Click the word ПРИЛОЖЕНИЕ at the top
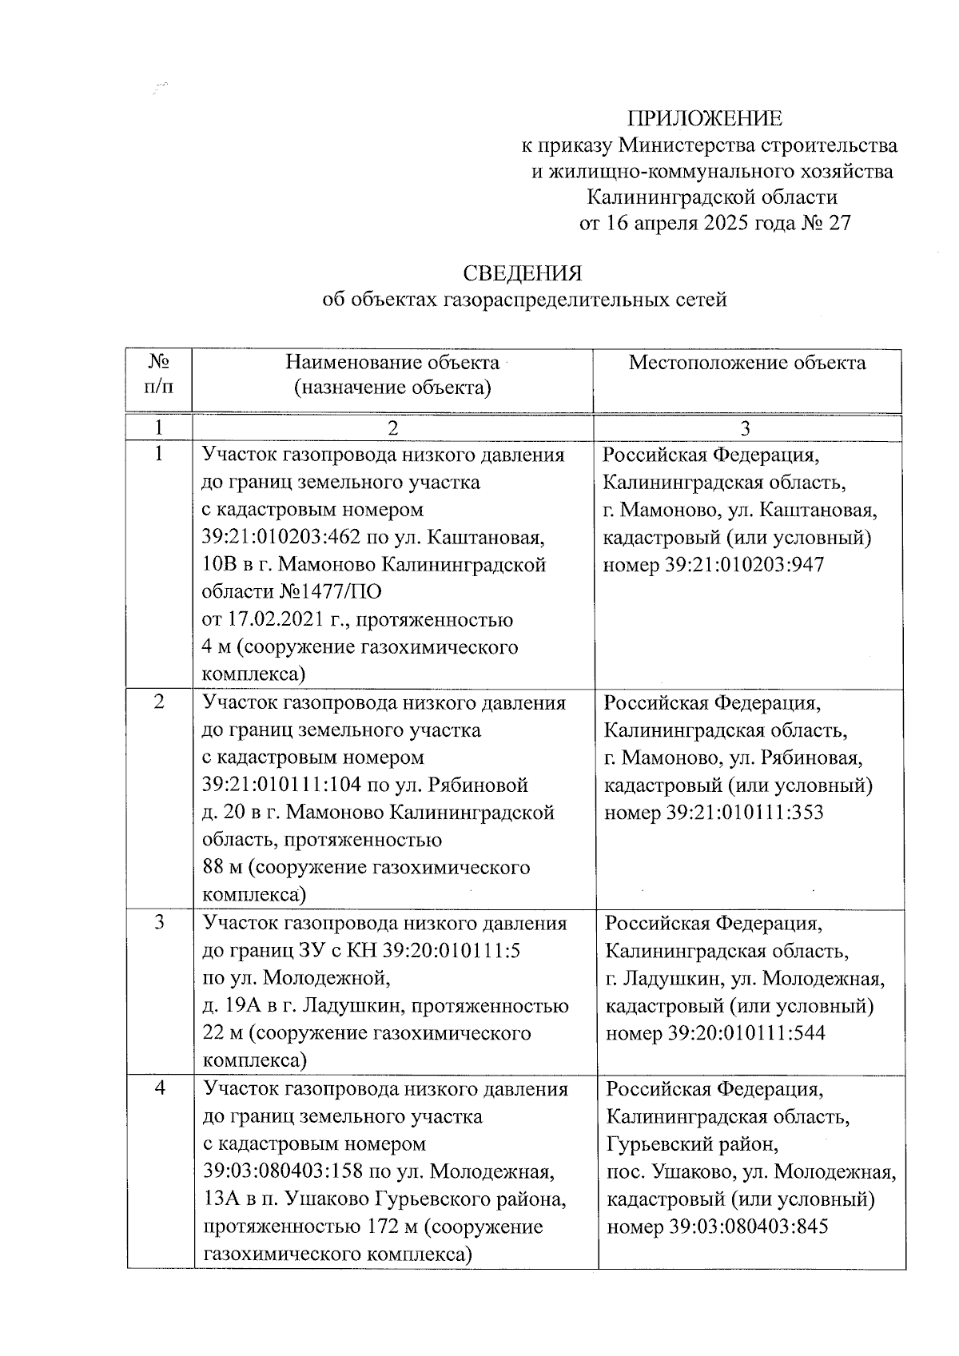click(x=705, y=119)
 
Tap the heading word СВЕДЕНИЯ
click(x=523, y=274)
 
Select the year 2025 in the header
click(x=727, y=223)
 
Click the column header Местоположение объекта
click(x=746, y=364)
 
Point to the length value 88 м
click(x=221, y=868)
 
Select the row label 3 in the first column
click(x=159, y=923)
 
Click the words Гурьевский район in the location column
click(x=692, y=1144)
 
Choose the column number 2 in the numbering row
click(x=392, y=429)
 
